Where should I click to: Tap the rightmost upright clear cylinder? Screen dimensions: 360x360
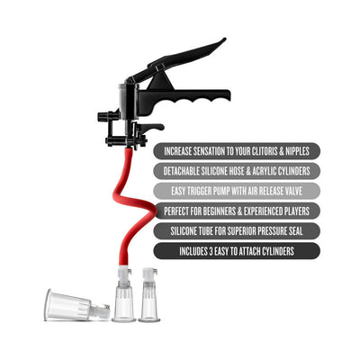149,296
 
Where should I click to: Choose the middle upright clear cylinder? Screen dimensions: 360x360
124,296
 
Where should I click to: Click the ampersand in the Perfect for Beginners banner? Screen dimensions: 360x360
243,211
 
